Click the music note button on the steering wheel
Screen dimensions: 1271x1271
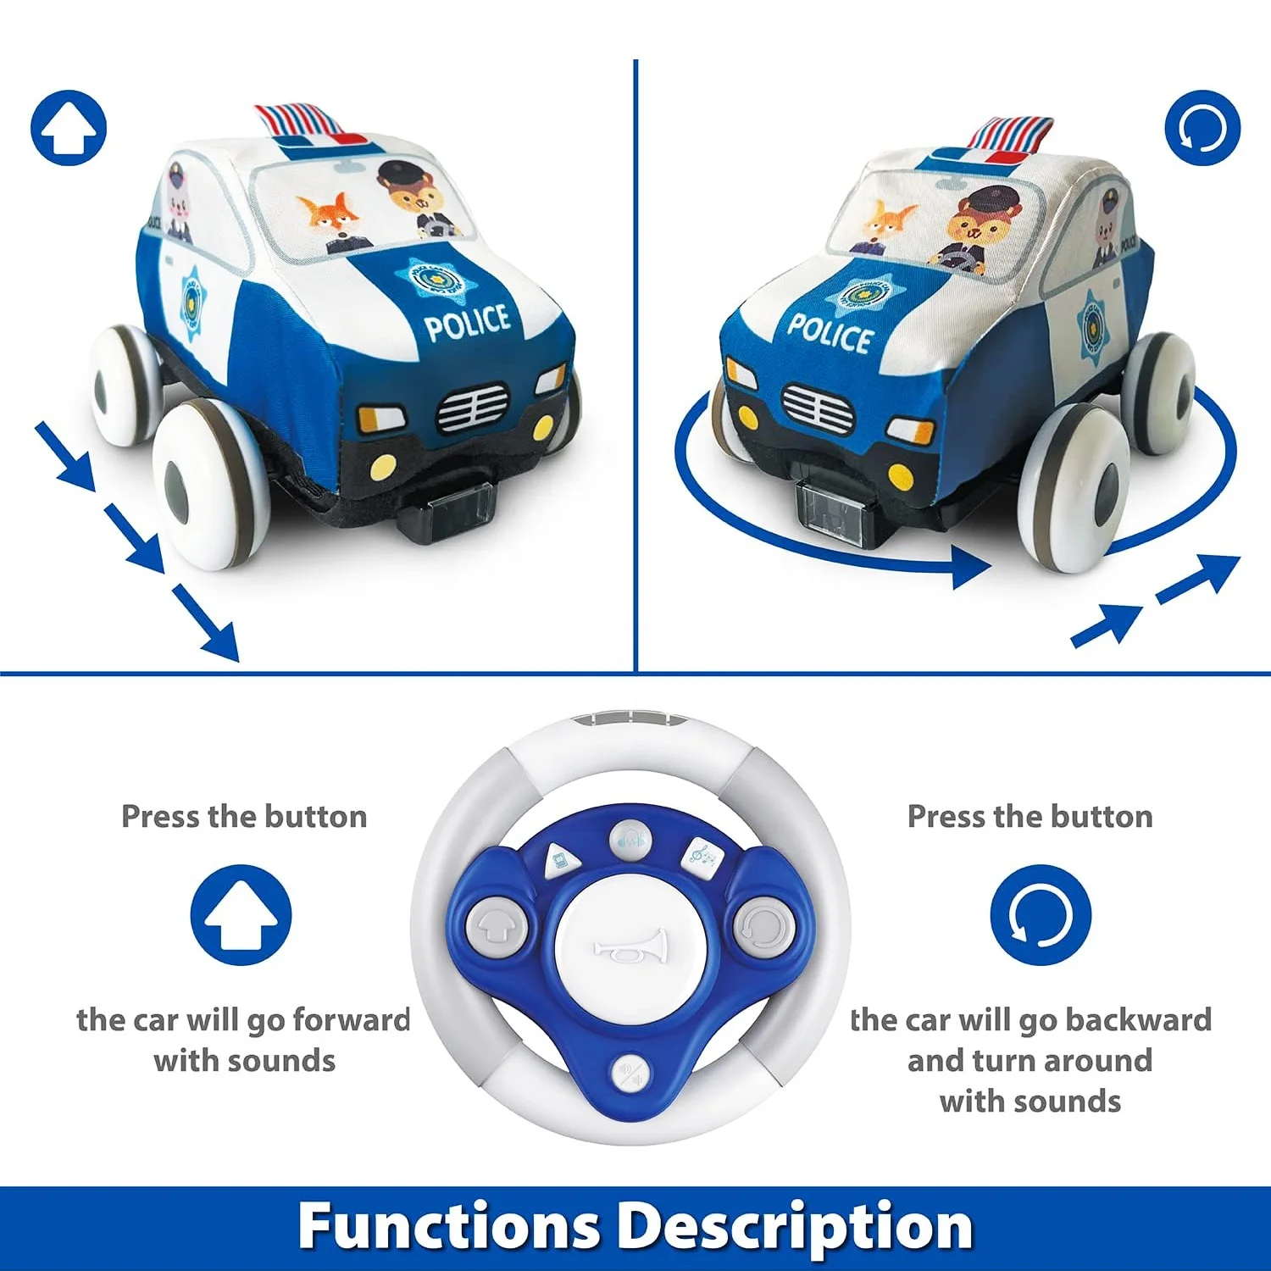(x=702, y=858)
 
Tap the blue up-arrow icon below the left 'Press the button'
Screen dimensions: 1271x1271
(x=241, y=915)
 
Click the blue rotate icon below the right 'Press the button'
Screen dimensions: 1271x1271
(x=1041, y=915)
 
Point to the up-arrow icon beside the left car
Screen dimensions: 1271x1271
(x=69, y=128)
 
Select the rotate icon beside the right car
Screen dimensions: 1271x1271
(x=1202, y=128)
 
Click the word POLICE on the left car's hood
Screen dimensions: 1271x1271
(x=467, y=323)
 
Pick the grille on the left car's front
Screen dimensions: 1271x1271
(x=473, y=408)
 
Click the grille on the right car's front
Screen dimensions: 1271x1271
(x=818, y=408)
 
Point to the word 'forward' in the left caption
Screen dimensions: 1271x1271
(x=352, y=1019)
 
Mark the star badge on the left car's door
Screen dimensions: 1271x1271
(x=193, y=302)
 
